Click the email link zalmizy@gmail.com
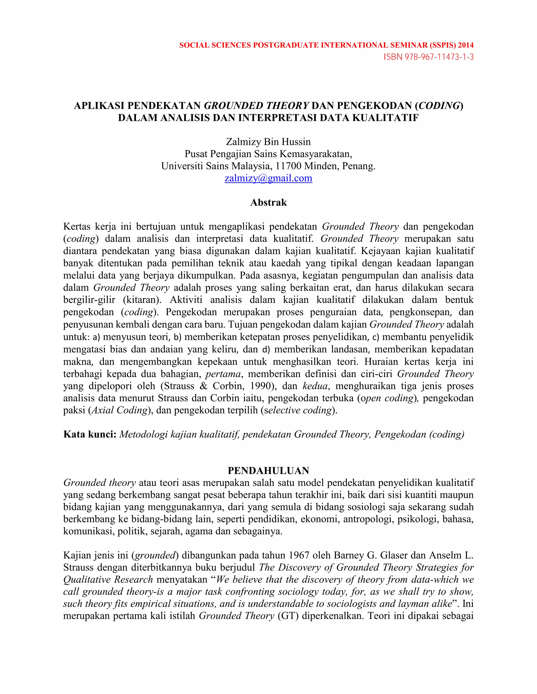click(x=268, y=178)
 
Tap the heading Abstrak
click(x=268, y=203)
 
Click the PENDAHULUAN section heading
click(x=268, y=471)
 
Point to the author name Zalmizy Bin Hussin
click(x=268, y=142)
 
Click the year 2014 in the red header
click(x=465, y=45)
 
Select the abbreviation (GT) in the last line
click(x=288, y=616)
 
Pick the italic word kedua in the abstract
click(x=315, y=386)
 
